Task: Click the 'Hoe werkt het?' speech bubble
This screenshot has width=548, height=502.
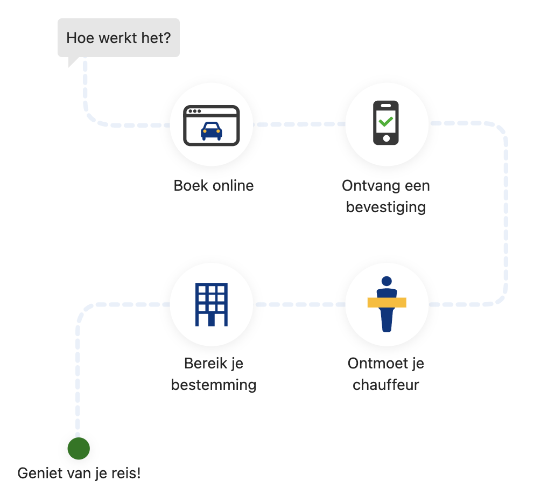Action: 118,38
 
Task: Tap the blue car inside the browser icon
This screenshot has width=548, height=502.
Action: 211,131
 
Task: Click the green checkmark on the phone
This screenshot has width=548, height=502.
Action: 385,121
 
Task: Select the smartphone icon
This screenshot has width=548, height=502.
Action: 386,123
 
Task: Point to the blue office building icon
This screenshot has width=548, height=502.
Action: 212,304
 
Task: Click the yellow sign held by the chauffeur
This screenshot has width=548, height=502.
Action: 387,302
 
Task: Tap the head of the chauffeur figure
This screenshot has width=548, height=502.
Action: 387,281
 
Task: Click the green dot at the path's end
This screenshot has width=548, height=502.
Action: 79,448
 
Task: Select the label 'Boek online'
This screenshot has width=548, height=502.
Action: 213,186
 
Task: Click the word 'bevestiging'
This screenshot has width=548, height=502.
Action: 385,207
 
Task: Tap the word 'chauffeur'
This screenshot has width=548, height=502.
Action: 385,385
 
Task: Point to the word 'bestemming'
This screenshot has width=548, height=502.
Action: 213,385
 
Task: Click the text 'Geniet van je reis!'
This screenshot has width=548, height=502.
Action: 79,473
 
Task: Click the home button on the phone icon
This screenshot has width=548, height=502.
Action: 386,138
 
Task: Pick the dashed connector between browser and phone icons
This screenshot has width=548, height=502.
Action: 299,124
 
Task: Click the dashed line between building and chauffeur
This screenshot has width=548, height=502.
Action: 299,304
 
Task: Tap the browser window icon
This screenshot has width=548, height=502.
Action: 211,125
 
